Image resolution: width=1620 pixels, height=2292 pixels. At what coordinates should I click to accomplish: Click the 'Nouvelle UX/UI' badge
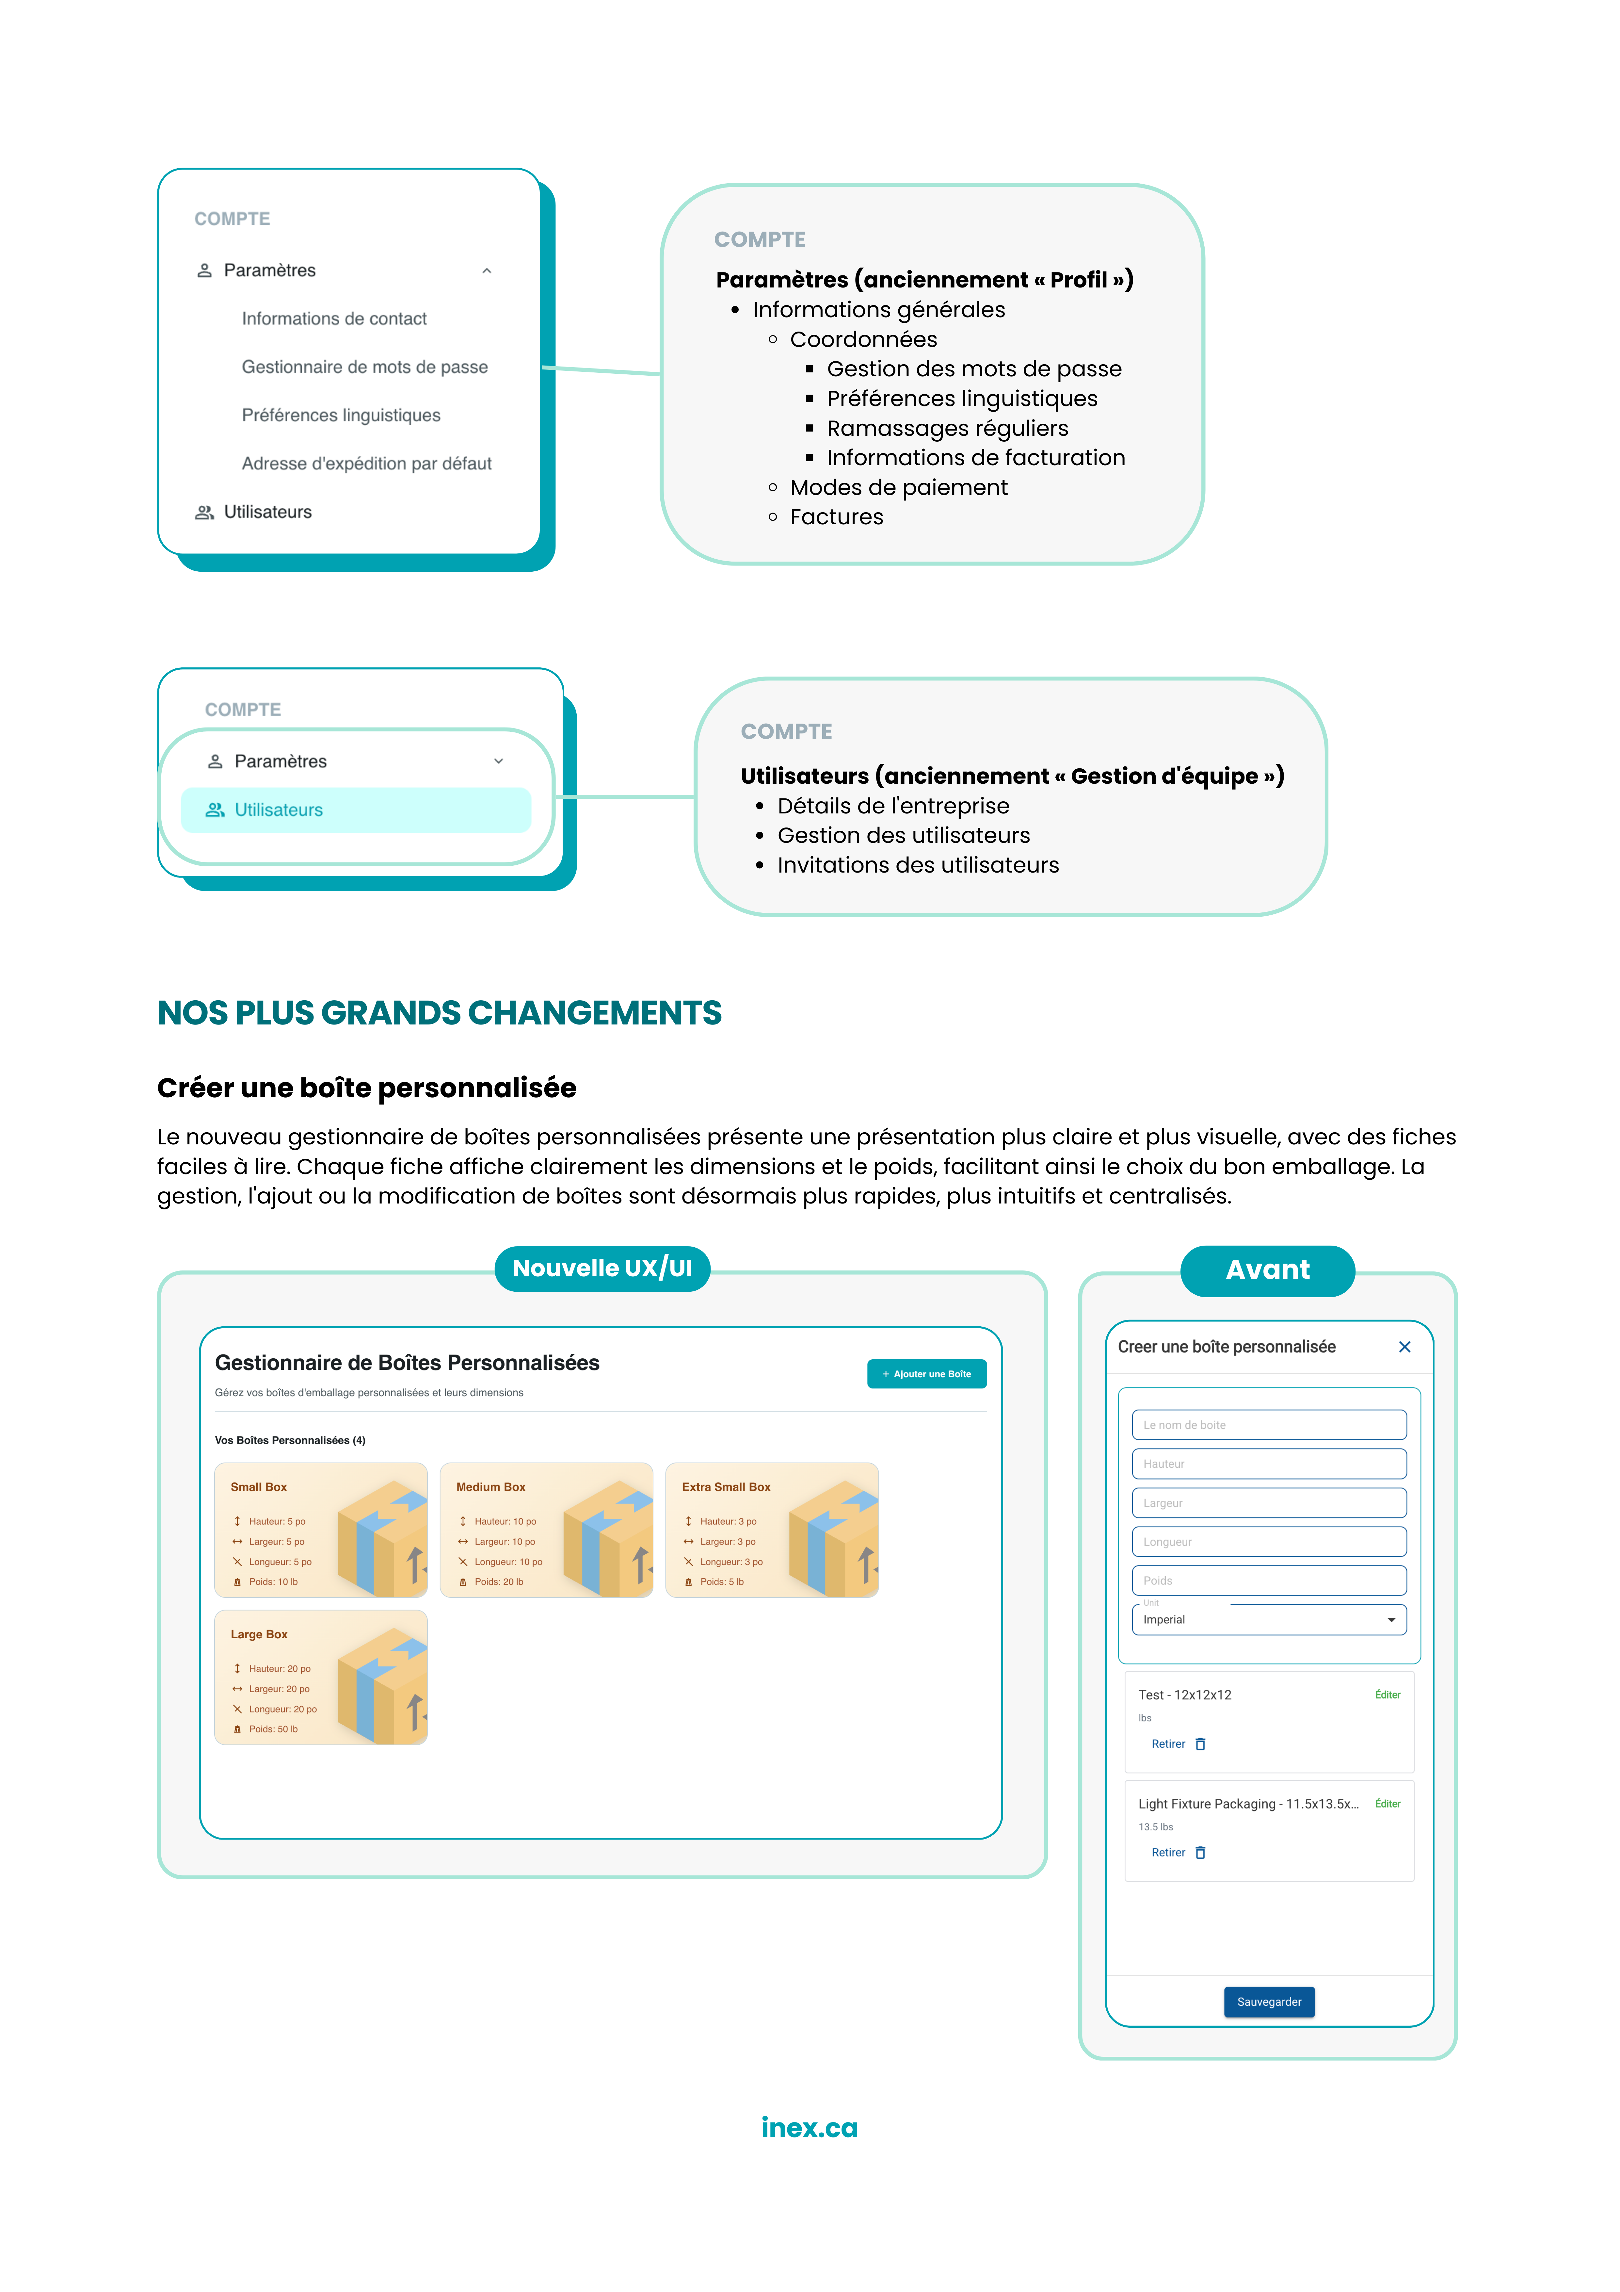pos(602,1269)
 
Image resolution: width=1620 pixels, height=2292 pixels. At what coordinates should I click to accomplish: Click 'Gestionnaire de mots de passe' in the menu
pos(364,368)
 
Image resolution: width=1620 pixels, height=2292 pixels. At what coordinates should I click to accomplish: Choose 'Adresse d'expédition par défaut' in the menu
pos(366,463)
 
